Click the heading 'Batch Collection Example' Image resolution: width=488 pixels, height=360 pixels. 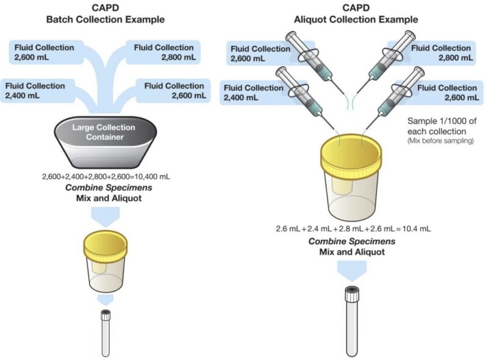[x=106, y=20]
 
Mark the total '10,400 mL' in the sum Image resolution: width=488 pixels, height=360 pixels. [x=150, y=176]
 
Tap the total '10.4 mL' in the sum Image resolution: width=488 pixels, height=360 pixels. [x=416, y=228]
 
